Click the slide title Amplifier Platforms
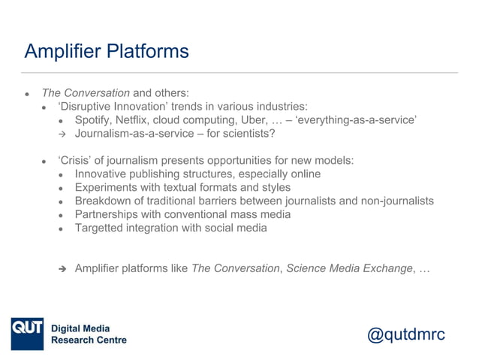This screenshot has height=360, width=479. tap(107, 52)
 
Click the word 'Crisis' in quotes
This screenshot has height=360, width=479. tap(76, 161)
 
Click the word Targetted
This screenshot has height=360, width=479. tap(101, 228)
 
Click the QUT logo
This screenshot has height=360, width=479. tap(28, 331)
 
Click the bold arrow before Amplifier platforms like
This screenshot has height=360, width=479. tap(63, 269)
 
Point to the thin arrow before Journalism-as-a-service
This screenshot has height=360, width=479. tap(63, 135)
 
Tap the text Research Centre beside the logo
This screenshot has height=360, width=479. tap(89, 340)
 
